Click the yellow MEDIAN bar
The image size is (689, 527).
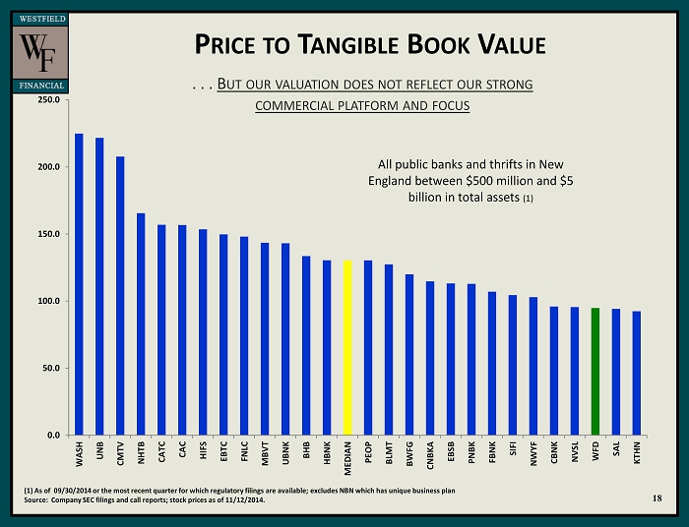[x=347, y=347]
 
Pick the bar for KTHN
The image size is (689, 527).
[x=636, y=373]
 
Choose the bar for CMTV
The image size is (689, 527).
[x=120, y=295]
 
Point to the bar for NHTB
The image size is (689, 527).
[x=141, y=323]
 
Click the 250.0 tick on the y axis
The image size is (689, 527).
[x=47, y=99]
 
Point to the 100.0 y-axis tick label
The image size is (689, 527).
[x=47, y=301]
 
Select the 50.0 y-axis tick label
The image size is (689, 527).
[x=49, y=368]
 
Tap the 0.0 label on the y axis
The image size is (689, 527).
[x=52, y=435]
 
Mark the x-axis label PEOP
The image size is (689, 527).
[x=368, y=452]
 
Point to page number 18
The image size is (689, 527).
[x=657, y=499]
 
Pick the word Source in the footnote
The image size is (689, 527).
[x=37, y=500]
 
